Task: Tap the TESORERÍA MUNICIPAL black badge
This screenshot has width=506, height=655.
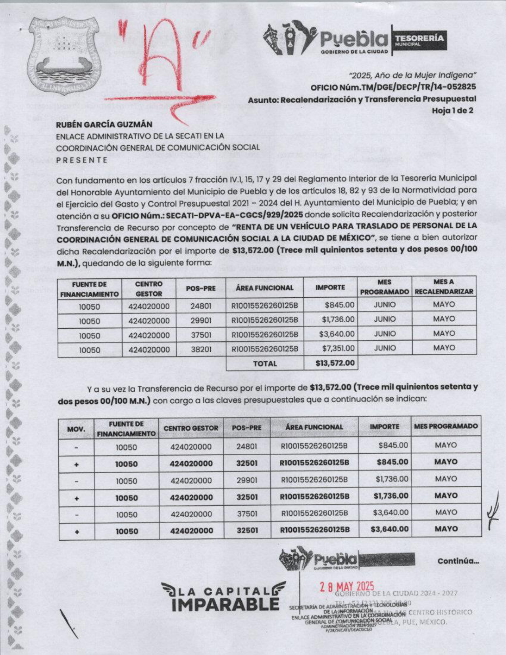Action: (x=419, y=40)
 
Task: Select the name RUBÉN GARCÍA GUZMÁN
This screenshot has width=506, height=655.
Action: (x=104, y=125)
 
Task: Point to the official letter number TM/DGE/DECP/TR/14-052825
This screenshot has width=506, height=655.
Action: (x=393, y=87)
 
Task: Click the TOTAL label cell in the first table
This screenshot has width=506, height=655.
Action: (x=265, y=363)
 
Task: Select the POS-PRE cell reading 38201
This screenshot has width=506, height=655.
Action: (x=201, y=350)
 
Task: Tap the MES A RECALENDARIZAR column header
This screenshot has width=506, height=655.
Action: (x=444, y=287)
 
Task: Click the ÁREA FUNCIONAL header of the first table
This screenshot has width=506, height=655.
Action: (x=264, y=288)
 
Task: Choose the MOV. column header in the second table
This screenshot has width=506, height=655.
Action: (x=76, y=429)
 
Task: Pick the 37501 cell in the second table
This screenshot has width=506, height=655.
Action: (x=247, y=514)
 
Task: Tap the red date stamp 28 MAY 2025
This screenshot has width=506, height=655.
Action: (x=347, y=586)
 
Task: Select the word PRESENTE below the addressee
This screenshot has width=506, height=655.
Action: (x=82, y=160)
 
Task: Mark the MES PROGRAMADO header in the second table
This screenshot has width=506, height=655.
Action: (x=446, y=426)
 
